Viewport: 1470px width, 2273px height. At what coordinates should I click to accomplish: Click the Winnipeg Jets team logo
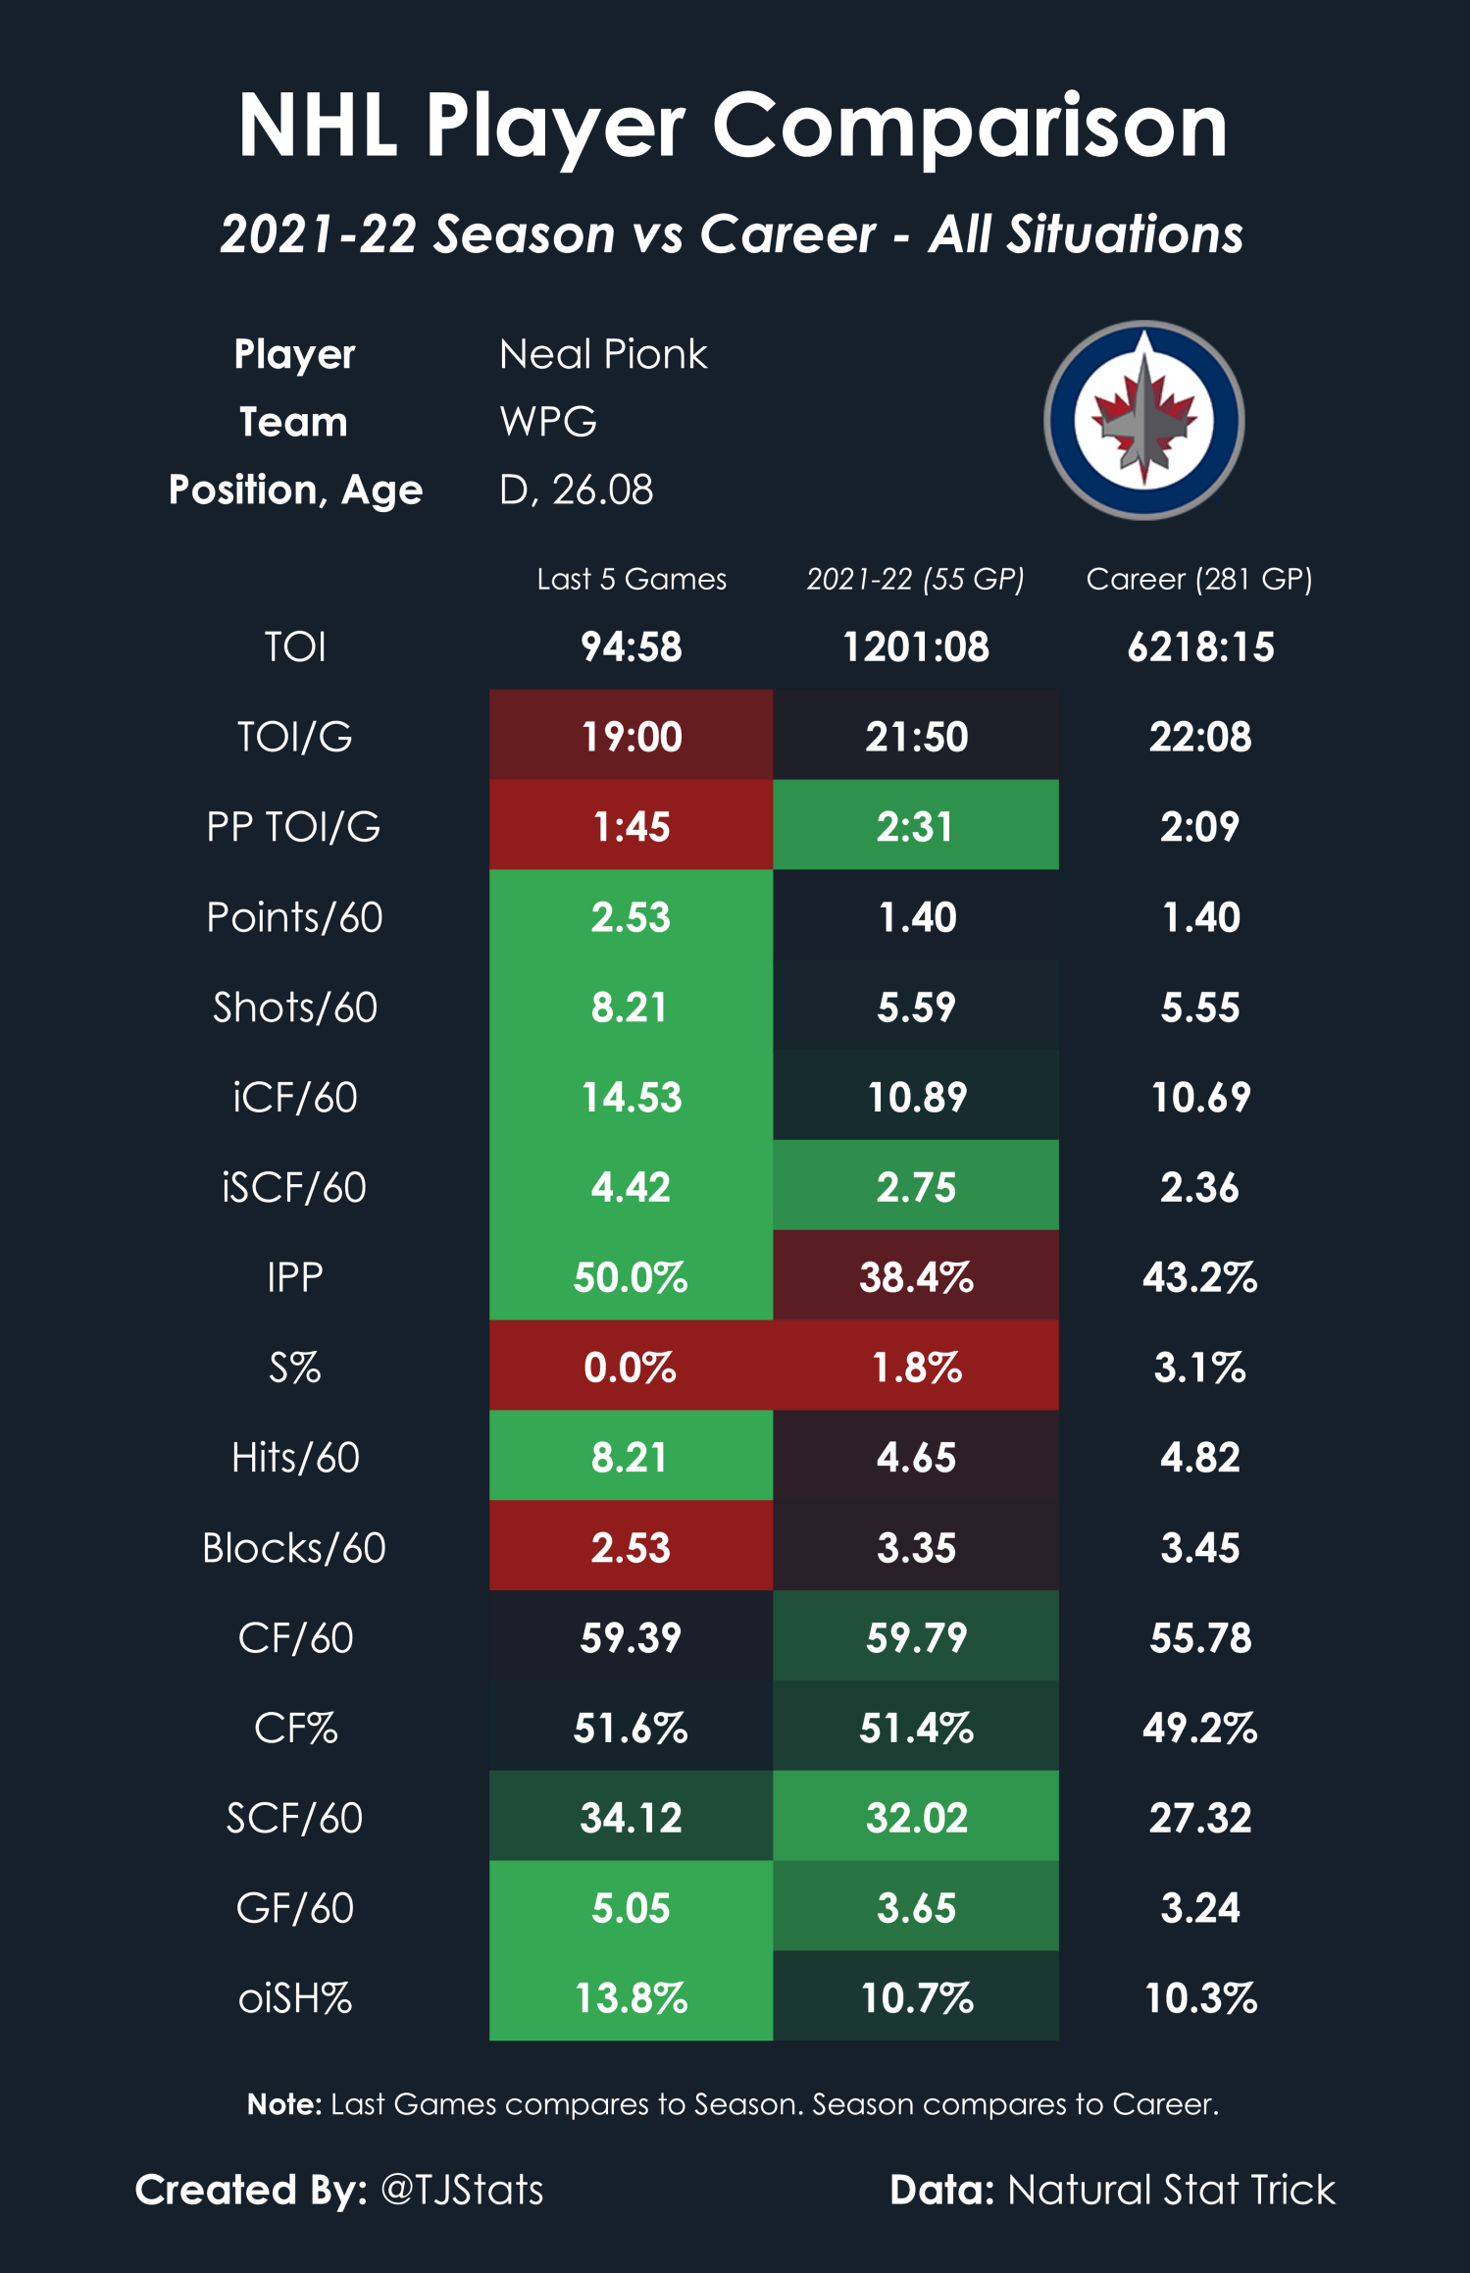(x=1143, y=420)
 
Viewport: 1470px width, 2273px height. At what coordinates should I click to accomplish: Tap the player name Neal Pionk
(x=603, y=354)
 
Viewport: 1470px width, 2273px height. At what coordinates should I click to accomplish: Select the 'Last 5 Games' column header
(x=632, y=579)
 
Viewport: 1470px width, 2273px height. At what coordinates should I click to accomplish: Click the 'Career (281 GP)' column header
(x=1199, y=579)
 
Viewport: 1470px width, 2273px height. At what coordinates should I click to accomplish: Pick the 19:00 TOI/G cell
(x=632, y=736)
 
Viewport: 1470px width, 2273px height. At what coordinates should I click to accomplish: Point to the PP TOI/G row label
(x=293, y=827)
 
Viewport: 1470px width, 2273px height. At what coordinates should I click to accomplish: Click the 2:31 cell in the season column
(x=916, y=825)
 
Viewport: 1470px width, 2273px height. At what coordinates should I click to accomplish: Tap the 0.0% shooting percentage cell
(x=632, y=1366)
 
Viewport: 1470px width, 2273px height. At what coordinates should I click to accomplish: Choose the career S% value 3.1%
(x=1199, y=1367)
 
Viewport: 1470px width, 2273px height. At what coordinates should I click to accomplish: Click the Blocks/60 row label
(x=294, y=1548)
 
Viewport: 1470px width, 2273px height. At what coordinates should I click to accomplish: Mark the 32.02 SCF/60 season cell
(x=916, y=1816)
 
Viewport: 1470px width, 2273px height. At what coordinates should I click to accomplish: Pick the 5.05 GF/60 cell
(x=632, y=1906)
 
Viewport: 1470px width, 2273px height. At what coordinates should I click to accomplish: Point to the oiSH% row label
(x=295, y=1998)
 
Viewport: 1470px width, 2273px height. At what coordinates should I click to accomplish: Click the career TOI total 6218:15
(x=1200, y=646)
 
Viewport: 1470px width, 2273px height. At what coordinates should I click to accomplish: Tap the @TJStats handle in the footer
(x=462, y=2190)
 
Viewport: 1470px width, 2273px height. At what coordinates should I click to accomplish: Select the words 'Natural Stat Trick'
(x=1171, y=2190)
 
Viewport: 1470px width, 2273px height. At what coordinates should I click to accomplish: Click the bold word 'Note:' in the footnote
(x=284, y=2103)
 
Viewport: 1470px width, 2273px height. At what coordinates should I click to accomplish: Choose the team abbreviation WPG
(x=548, y=422)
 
